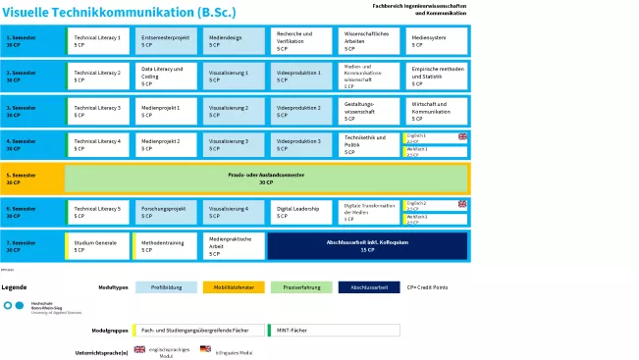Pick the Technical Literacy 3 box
[99, 110]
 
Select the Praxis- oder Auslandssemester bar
[266, 179]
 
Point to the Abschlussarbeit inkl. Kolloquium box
[367, 244]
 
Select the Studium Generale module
[99, 244]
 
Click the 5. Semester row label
[31, 179]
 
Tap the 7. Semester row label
[31, 244]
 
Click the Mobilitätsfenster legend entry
[228, 287]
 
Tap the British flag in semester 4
[462, 136]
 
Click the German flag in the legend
[205, 349]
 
